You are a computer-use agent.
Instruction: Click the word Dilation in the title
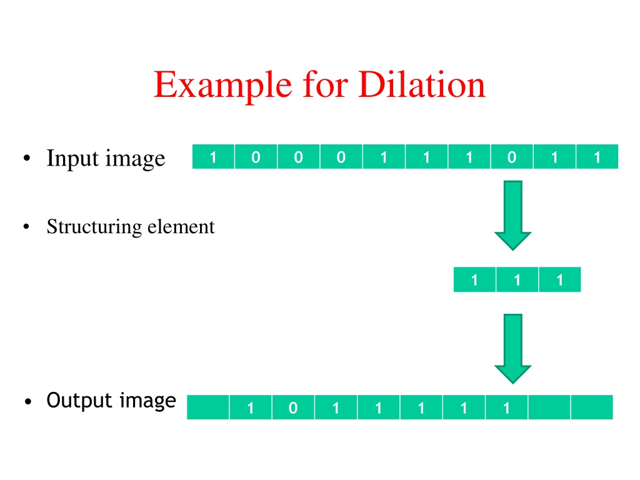[x=422, y=84]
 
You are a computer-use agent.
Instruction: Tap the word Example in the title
[x=223, y=85]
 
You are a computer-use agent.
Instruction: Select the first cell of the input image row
[x=214, y=156]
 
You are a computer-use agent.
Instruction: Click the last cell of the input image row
[x=597, y=156]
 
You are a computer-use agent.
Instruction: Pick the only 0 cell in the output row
[x=293, y=407]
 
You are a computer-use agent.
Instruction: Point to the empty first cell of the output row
[x=208, y=407]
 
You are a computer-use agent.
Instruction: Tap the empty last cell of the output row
[x=592, y=407]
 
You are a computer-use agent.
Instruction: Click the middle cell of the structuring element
[x=517, y=279]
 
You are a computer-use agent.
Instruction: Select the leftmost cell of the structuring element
[x=475, y=279]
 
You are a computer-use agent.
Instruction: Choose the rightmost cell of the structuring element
[x=560, y=279]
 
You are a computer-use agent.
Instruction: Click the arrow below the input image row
[x=513, y=216]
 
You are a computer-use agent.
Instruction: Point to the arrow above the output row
[x=513, y=349]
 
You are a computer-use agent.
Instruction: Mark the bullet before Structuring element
[x=26, y=226]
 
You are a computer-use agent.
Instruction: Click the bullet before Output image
[x=27, y=402]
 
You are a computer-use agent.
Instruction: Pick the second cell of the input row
[x=256, y=156]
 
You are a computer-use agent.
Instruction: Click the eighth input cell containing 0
[x=512, y=156]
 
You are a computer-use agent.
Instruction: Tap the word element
[x=181, y=226]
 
